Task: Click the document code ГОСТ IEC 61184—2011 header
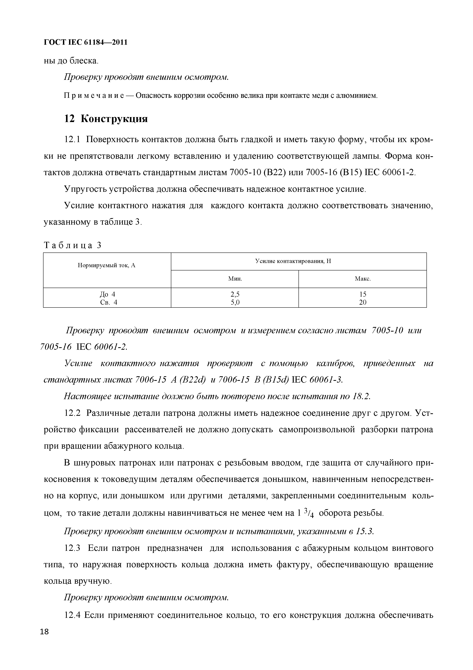point(85,43)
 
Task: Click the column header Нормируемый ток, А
point(107,265)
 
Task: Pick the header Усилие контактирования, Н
point(293,261)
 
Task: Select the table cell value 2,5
point(235,294)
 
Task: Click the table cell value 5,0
point(235,302)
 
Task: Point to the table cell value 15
point(363,294)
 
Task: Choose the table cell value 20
point(363,302)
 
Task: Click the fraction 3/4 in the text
point(309,496)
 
